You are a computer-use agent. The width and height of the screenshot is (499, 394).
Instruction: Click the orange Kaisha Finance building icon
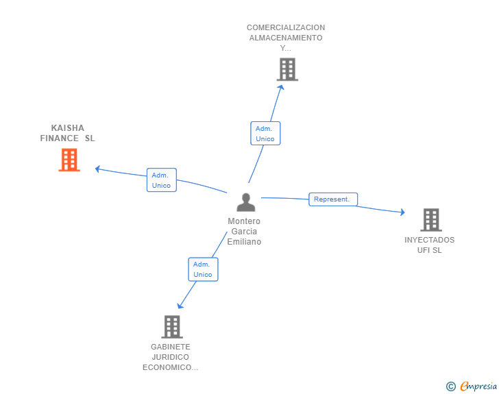(x=69, y=160)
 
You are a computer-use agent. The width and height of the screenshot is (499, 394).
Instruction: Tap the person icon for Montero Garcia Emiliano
(x=245, y=202)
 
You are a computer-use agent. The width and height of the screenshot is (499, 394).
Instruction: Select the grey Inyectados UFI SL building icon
(x=430, y=220)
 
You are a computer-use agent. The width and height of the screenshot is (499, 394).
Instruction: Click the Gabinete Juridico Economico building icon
(x=171, y=327)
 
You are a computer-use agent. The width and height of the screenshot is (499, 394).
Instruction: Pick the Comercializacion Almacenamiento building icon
(x=287, y=69)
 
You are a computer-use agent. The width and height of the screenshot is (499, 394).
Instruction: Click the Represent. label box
(x=332, y=199)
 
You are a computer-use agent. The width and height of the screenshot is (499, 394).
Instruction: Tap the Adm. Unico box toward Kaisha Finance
(x=162, y=180)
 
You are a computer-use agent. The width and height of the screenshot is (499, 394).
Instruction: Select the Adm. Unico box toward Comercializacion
(x=265, y=134)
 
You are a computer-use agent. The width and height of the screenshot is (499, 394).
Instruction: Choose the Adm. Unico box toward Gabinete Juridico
(x=203, y=269)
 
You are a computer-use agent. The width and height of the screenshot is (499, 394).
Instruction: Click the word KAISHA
(x=66, y=128)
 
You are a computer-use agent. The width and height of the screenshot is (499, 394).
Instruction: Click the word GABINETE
(x=171, y=347)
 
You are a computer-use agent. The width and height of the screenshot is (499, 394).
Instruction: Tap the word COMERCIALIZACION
(x=286, y=27)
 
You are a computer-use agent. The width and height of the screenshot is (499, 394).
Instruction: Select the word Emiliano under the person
(x=244, y=242)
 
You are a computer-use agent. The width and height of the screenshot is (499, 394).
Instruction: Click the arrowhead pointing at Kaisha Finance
(x=98, y=169)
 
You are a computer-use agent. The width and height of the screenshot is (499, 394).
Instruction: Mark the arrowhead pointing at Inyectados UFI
(x=402, y=212)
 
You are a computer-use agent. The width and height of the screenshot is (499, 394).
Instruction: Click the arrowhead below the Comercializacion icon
(x=280, y=86)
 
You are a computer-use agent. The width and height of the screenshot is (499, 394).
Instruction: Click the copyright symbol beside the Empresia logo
(x=451, y=386)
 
